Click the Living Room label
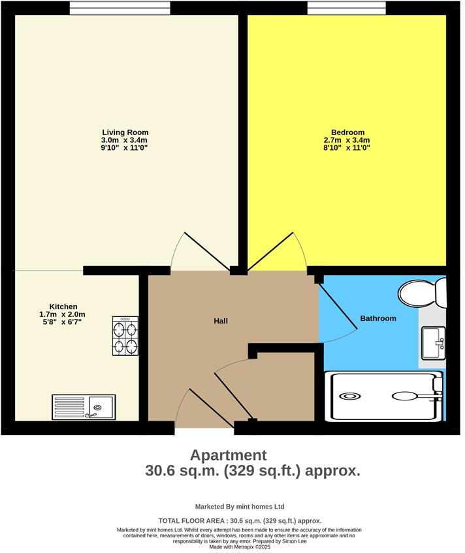[x=125, y=132]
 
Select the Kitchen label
[x=63, y=306]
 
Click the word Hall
[x=221, y=321]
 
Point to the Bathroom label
[x=378, y=318]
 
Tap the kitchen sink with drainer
[x=84, y=407]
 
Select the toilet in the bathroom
[x=424, y=293]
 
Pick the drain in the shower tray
[x=349, y=395]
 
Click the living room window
[x=121, y=7]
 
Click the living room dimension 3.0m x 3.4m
[x=125, y=140]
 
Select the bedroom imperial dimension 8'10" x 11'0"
[x=347, y=148]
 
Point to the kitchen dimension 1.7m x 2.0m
[x=63, y=314]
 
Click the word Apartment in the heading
[x=228, y=455]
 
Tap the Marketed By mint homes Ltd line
[x=240, y=507]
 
